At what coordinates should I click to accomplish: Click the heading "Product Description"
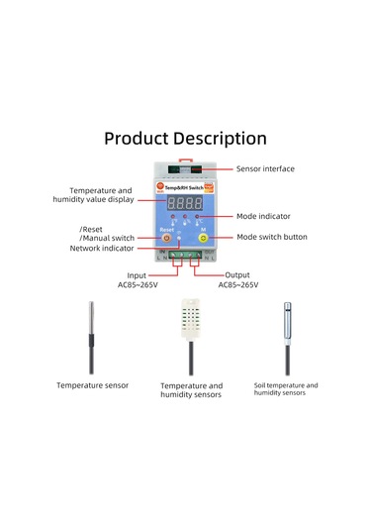pyautogui.click(x=185, y=139)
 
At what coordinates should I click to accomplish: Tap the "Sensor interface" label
pyautogui.click(x=265, y=169)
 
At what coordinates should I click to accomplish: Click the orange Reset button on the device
pyautogui.click(x=165, y=239)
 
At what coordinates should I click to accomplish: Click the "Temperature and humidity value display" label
pyautogui.click(x=99, y=195)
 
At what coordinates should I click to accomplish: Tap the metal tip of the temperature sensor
pyautogui.click(x=91, y=319)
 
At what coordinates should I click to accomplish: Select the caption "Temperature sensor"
pyautogui.click(x=92, y=385)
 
